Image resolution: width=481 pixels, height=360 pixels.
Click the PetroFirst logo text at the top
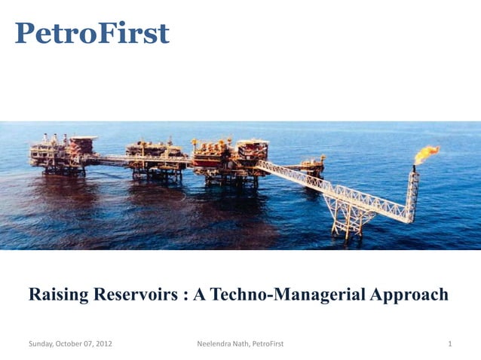pyautogui.click(x=92, y=33)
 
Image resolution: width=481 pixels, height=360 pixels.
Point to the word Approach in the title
pyautogui.click(x=407, y=294)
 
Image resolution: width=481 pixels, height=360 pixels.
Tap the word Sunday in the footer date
pyautogui.click(x=42, y=344)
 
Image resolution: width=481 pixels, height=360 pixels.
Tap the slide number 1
pyautogui.click(x=449, y=344)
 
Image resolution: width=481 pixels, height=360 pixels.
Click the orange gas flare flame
pyautogui.click(x=427, y=154)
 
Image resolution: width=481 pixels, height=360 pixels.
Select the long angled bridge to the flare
pyautogui.click(x=332, y=186)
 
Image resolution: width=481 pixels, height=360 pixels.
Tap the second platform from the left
pyautogui.click(x=155, y=158)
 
